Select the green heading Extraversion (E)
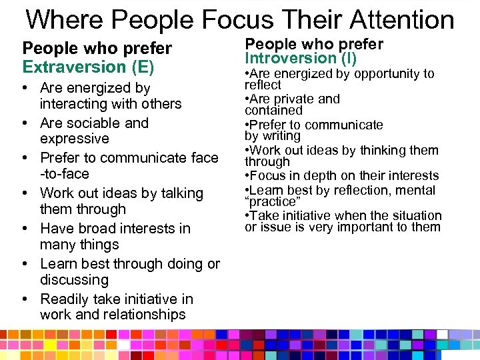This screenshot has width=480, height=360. click(x=88, y=67)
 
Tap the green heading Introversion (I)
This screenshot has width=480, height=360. click(x=301, y=59)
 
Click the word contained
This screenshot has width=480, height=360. click(x=273, y=111)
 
